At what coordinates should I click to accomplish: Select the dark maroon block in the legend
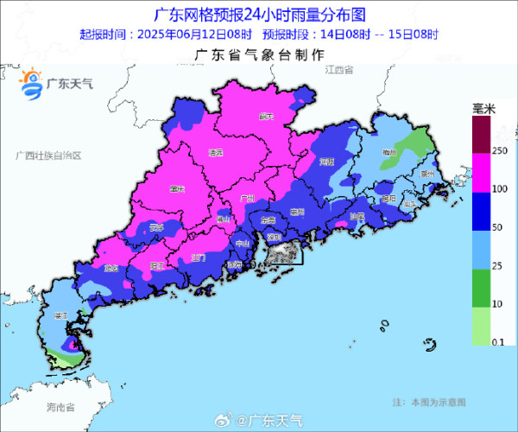(479, 134)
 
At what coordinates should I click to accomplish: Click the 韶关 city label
(267, 116)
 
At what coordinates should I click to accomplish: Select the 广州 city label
(245, 198)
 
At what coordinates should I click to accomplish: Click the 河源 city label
(326, 162)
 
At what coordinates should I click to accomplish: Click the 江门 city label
(199, 257)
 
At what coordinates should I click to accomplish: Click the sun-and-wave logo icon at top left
(30, 82)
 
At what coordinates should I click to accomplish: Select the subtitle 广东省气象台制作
(259, 54)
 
